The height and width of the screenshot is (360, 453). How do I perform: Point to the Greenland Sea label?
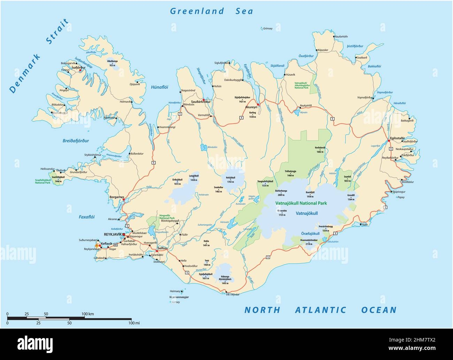(212, 11)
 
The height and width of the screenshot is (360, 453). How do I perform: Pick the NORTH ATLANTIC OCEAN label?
(320, 310)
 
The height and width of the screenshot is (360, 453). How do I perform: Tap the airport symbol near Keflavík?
(97, 246)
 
